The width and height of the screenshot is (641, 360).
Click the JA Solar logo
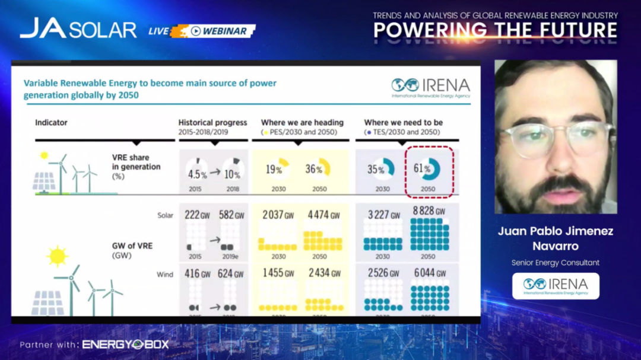point(78,28)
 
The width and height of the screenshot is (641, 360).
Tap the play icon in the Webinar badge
point(195,31)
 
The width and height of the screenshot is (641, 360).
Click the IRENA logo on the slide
point(430,87)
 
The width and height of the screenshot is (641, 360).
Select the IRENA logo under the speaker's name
point(556,285)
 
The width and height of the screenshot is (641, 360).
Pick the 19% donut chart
point(278,168)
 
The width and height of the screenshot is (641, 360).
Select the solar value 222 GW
point(196,215)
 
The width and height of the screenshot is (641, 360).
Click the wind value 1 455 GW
point(278,273)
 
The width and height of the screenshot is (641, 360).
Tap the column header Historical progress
point(212,123)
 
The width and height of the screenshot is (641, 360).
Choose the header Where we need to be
point(403,123)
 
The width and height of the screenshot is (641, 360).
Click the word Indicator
point(51,123)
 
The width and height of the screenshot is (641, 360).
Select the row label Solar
point(165,215)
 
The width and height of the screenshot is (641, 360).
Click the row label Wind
point(165,274)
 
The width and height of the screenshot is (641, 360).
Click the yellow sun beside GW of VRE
point(58,256)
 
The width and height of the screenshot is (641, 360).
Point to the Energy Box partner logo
point(125,345)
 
